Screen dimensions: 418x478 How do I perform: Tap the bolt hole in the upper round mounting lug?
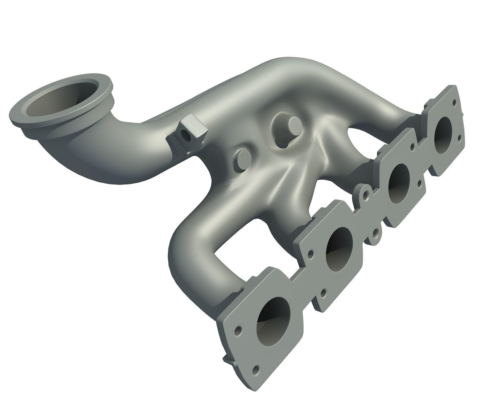365,196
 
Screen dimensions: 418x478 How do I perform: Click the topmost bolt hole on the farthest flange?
454,103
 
